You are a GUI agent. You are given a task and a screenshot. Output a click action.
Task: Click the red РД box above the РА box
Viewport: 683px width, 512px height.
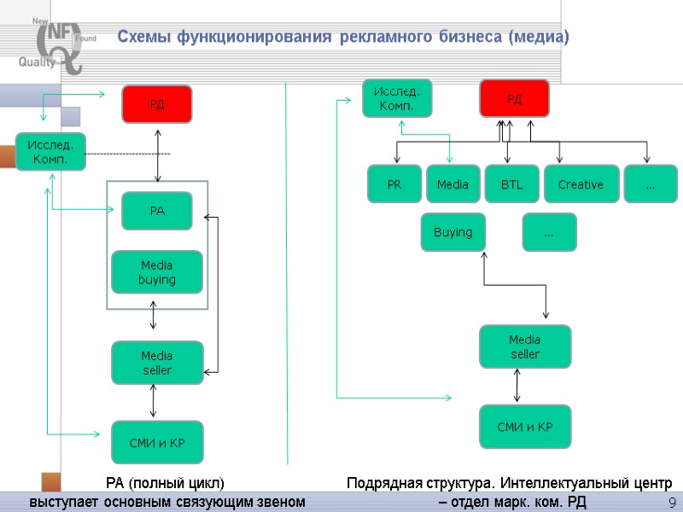156,104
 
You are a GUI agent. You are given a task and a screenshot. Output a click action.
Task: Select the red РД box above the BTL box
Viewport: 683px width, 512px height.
514,99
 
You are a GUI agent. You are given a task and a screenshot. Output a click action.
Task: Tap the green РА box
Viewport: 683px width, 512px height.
157,211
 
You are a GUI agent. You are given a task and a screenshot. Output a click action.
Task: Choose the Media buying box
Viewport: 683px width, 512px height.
157,272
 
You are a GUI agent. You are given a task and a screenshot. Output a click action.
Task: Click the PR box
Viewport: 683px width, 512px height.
394,184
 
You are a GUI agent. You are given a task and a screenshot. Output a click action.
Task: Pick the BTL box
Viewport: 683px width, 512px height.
511,184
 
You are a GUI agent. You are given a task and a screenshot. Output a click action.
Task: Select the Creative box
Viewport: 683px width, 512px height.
581,184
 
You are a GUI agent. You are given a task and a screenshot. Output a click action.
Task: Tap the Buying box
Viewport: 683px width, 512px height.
452,232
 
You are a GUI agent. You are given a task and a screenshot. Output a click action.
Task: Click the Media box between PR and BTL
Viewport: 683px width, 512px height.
452,184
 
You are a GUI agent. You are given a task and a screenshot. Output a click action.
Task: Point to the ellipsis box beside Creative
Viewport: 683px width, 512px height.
651,184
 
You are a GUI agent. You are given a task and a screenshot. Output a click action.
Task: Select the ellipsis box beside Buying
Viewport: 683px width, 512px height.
549,232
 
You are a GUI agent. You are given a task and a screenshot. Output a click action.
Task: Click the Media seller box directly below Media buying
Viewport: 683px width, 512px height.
157,363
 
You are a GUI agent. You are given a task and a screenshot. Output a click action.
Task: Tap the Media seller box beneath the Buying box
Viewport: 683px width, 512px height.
525,346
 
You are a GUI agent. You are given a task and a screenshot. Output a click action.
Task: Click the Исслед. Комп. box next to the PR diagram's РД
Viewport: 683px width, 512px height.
397,98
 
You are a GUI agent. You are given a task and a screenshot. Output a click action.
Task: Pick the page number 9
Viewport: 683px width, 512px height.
672,502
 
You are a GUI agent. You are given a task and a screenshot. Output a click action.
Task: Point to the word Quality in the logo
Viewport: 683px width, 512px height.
37,61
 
